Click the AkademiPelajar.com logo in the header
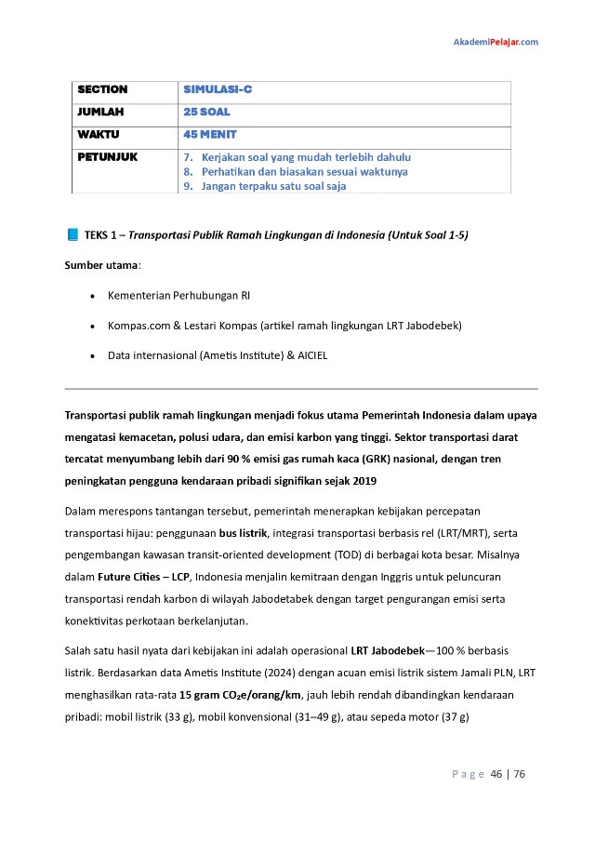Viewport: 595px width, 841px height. tap(495, 42)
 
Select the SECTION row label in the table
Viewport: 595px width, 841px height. tap(102, 90)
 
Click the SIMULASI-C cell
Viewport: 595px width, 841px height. tap(218, 90)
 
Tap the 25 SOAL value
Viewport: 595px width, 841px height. tap(206, 113)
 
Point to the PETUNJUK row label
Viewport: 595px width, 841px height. tap(107, 157)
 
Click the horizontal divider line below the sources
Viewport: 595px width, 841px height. tap(301, 388)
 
